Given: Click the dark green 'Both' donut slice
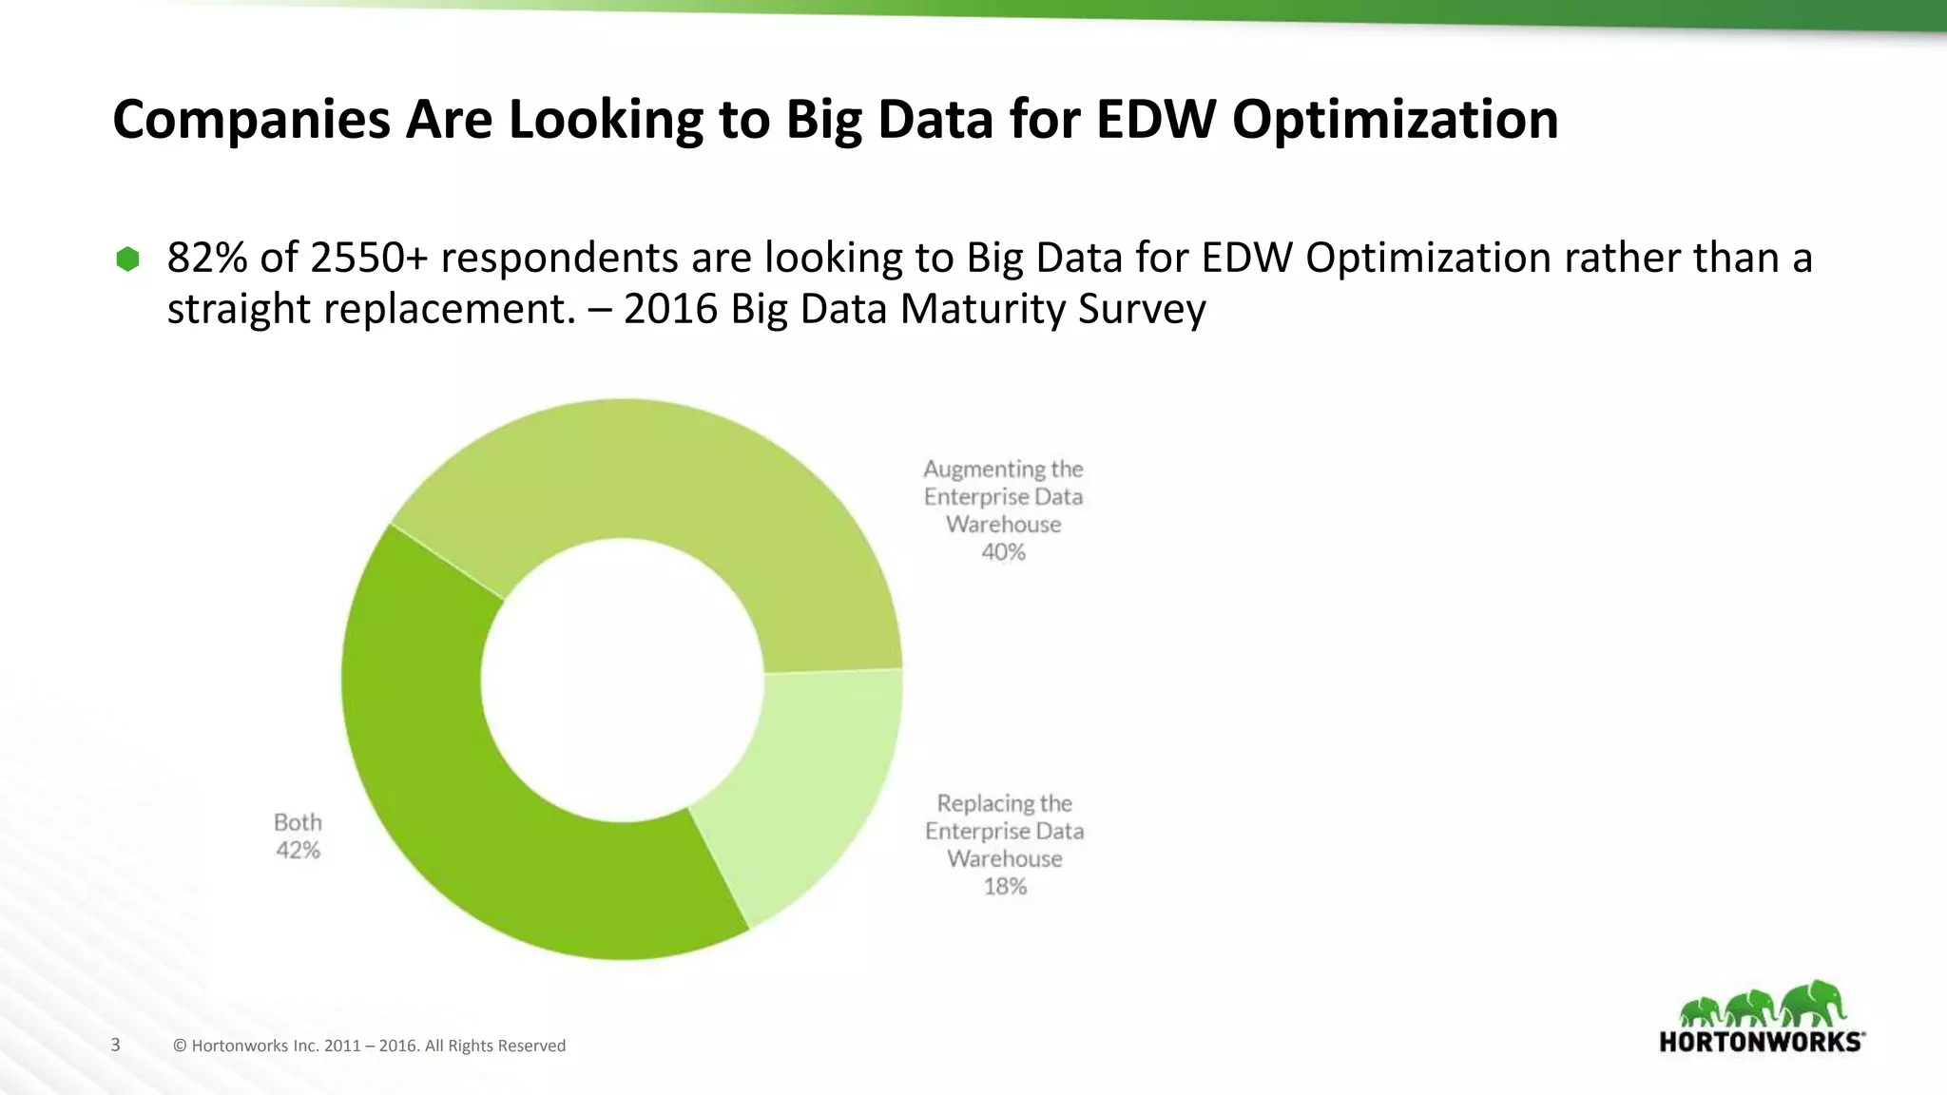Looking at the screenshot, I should (x=447, y=808).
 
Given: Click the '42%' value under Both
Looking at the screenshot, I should (x=298, y=851).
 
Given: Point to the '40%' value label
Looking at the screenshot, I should (x=1003, y=552).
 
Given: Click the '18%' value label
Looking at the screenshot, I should (x=1005, y=887).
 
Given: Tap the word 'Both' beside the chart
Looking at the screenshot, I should (x=298, y=822).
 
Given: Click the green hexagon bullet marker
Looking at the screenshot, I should (x=127, y=259).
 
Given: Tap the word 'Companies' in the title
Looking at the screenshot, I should (x=251, y=121).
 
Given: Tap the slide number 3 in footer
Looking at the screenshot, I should (x=115, y=1046).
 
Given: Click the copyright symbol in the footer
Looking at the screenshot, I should (x=180, y=1047).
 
